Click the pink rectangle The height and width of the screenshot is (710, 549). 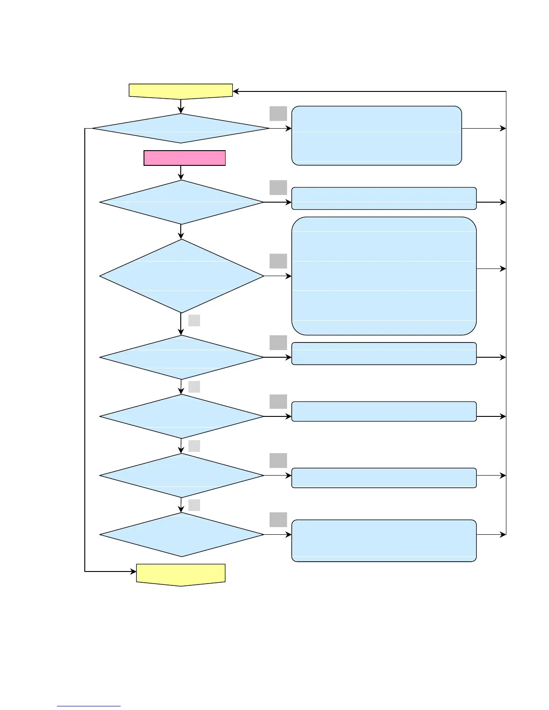(x=184, y=158)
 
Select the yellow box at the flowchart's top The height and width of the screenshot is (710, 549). (x=181, y=91)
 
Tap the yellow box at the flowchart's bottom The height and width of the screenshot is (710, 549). (x=181, y=574)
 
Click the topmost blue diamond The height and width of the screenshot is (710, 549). (x=181, y=128)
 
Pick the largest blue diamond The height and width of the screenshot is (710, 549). (x=182, y=276)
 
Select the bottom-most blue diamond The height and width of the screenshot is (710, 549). (x=182, y=534)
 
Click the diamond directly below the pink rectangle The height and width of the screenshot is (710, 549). (x=182, y=202)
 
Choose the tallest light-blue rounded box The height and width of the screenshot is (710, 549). (x=384, y=276)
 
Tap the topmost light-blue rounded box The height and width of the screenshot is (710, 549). (x=377, y=135)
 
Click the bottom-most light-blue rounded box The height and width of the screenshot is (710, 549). (x=384, y=541)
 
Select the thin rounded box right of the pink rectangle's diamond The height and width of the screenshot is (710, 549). (x=384, y=199)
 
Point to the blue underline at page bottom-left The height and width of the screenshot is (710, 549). (x=89, y=706)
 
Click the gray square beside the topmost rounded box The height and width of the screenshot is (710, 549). (x=278, y=113)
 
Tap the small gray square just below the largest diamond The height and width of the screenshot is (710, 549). (x=194, y=320)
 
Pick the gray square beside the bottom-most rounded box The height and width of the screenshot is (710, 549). (x=278, y=520)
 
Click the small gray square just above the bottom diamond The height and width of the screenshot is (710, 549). (x=194, y=505)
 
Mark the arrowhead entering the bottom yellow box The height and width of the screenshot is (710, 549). (x=133, y=571)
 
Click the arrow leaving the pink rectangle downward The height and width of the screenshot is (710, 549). (x=181, y=173)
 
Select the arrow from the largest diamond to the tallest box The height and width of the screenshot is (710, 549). (x=278, y=276)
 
